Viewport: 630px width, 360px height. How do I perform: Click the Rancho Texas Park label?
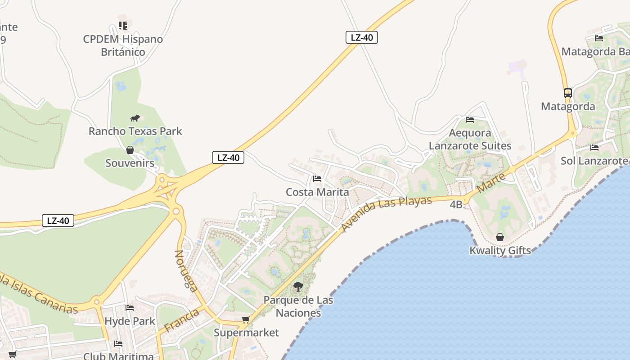pyautogui.click(x=135, y=131)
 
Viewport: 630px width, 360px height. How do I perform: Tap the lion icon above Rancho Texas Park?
pyautogui.click(x=135, y=118)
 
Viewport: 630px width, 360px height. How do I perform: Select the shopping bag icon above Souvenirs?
pyautogui.click(x=130, y=150)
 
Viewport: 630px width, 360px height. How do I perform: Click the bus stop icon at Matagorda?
pyautogui.click(x=568, y=93)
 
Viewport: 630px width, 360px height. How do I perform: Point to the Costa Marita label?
pyautogui.click(x=317, y=192)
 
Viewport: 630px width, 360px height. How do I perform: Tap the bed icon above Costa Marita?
pyautogui.click(x=317, y=179)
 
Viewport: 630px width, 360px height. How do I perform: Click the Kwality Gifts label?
pyautogui.click(x=500, y=251)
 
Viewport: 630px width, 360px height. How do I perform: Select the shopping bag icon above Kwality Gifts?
pyautogui.click(x=500, y=237)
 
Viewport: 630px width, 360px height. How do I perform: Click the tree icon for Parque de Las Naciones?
pyautogui.click(x=298, y=286)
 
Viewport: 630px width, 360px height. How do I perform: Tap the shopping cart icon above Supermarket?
pyautogui.click(x=246, y=320)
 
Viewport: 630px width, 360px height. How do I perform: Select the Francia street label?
pyautogui.click(x=182, y=320)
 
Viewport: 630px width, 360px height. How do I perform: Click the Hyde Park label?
pyautogui.click(x=130, y=321)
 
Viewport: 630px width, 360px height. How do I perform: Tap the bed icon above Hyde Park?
pyautogui.click(x=130, y=308)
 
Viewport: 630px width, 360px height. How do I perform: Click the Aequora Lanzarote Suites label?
pyautogui.click(x=470, y=139)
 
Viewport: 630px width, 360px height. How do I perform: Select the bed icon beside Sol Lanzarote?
pyautogui.click(x=594, y=147)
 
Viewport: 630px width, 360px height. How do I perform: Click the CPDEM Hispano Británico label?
pyautogui.click(x=123, y=45)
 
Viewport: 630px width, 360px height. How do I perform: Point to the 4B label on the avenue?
pyautogui.click(x=456, y=205)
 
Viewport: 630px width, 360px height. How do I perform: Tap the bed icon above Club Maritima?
pyautogui.click(x=118, y=344)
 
